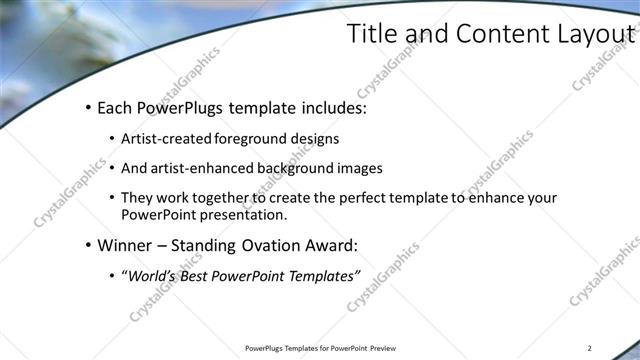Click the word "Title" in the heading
click(371, 34)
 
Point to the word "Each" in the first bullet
click(116, 107)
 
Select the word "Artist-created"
click(164, 139)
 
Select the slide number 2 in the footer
click(590, 348)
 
